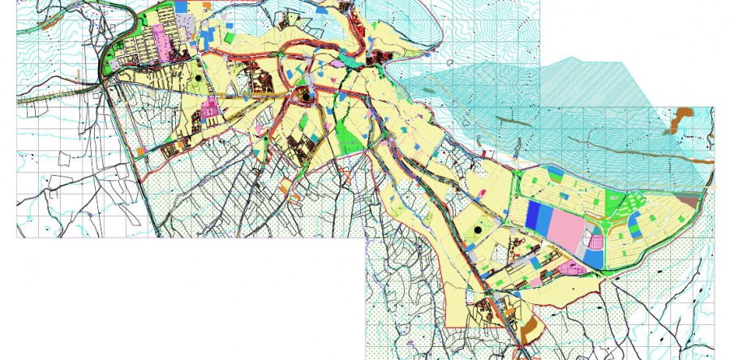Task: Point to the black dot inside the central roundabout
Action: (x=306, y=96)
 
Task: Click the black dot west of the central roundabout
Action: (x=197, y=78)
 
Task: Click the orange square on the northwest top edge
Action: (x=208, y=6)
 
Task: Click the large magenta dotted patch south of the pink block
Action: (x=572, y=268)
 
